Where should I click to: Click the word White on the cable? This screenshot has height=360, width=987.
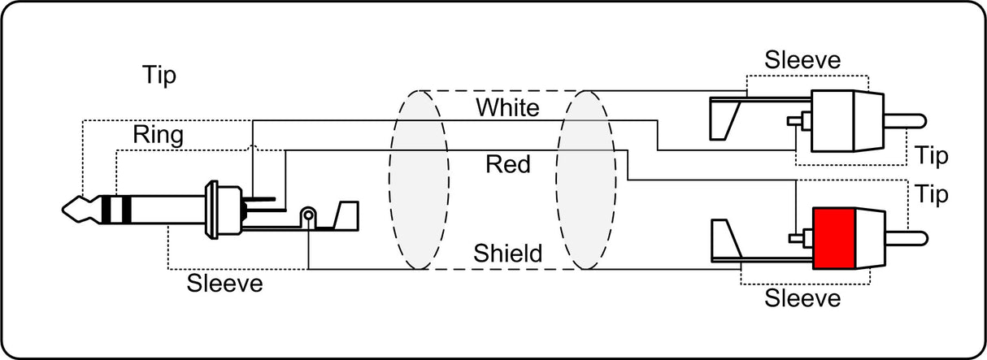coord(507,107)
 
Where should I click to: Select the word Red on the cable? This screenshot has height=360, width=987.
coord(507,164)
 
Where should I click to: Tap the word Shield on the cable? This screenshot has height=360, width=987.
coord(507,254)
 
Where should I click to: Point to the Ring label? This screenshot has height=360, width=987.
coord(159,135)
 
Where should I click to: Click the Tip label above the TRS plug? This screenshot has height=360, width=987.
coord(159,75)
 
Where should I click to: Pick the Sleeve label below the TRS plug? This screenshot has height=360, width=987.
coord(224,283)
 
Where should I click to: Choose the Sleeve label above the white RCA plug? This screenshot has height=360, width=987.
coord(802,60)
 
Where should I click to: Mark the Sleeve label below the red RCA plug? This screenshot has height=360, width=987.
coord(802,298)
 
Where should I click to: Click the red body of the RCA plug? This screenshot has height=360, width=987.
coord(834,238)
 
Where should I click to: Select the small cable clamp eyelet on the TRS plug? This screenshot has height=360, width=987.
coord(308,215)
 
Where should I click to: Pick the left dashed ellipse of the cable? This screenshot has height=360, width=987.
coord(419,180)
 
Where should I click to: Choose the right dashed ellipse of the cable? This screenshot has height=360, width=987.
coord(585,180)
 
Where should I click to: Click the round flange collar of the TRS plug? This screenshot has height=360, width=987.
coord(212,210)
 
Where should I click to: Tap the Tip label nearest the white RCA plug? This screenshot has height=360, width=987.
coord(932,155)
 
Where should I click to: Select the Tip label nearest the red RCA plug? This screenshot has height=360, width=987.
coord(932,194)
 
